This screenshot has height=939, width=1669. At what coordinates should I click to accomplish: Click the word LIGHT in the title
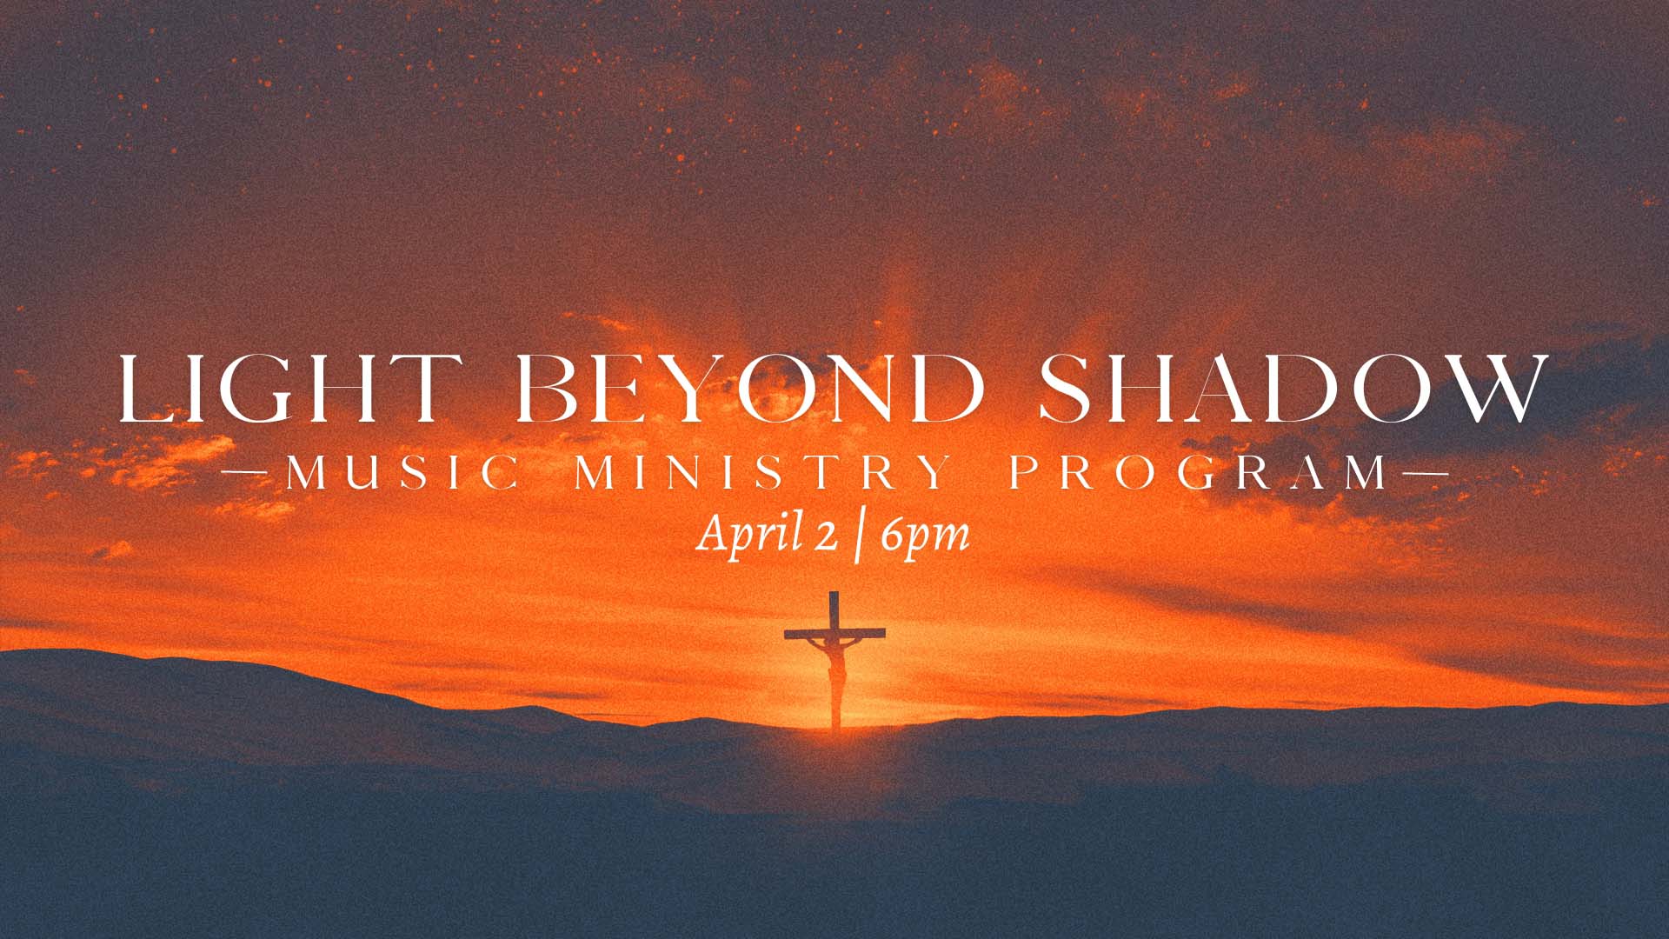(283, 388)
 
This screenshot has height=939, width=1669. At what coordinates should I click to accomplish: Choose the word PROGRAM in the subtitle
(1200, 474)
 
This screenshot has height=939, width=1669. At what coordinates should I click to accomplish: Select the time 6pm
(924, 536)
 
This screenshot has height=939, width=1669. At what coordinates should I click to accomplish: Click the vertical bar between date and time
(859, 537)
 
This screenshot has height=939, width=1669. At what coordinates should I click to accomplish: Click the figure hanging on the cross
(835, 669)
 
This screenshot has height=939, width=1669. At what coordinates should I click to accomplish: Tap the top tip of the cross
(834, 592)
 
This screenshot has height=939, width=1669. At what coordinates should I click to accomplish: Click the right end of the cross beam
(885, 633)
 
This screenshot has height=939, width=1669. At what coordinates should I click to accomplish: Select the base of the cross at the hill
(835, 726)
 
